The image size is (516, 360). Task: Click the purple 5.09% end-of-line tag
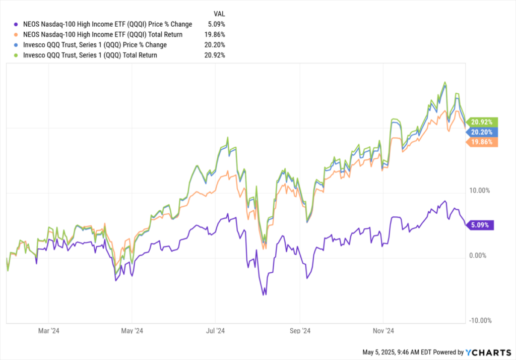click(x=481, y=225)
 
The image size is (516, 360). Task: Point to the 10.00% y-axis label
click(x=479, y=191)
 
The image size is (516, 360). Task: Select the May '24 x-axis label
click(x=132, y=331)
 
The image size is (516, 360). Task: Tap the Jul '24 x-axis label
click(x=216, y=331)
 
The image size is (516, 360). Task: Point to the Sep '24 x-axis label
click(x=300, y=331)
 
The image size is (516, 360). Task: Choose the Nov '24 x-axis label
click(x=383, y=331)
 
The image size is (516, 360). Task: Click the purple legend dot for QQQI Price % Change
click(x=17, y=24)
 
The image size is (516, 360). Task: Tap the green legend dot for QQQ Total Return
click(x=17, y=55)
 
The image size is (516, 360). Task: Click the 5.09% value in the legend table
click(x=216, y=24)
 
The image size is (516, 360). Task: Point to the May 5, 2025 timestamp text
click(x=399, y=352)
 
